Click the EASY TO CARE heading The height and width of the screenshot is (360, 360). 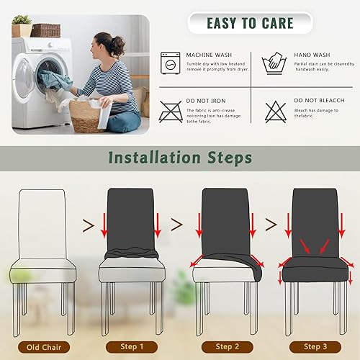click(250, 23)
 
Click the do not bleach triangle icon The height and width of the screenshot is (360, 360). click(275, 111)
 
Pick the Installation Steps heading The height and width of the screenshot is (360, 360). click(180, 156)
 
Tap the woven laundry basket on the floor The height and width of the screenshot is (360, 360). click(88, 115)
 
